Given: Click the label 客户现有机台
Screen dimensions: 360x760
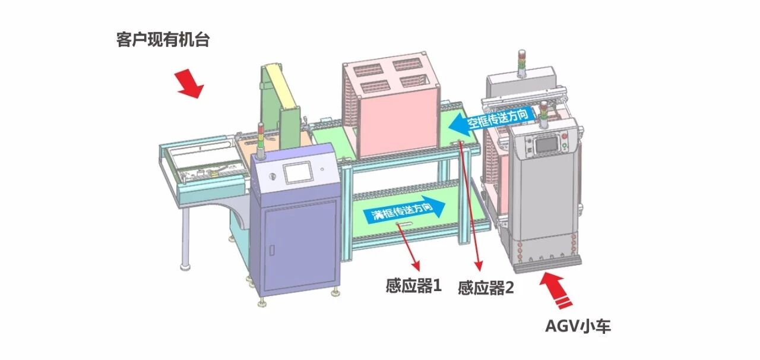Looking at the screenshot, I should (x=163, y=41).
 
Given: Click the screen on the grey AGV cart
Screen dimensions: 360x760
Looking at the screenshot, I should (x=545, y=144).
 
